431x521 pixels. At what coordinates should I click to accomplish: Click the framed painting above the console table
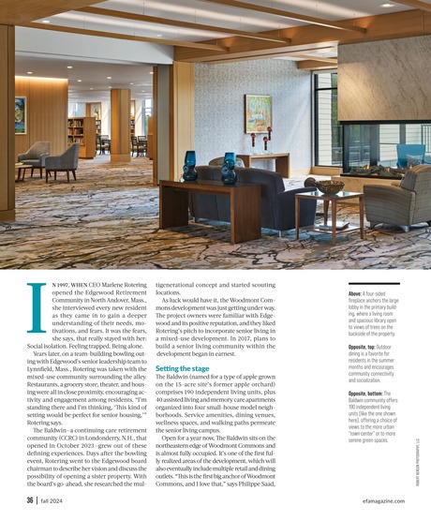[258, 112]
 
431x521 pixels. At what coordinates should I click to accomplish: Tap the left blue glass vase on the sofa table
[190, 167]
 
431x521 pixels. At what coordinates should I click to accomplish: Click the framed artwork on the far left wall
[21, 114]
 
